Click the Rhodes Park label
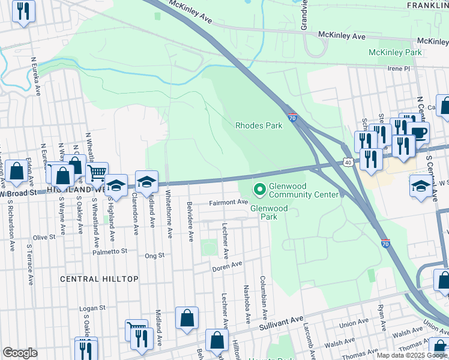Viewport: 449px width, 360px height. [x=259, y=126]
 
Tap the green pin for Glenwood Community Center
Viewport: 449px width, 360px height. [x=260, y=190]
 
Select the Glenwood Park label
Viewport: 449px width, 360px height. [x=269, y=212]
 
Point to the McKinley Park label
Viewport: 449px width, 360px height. [x=395, y=53]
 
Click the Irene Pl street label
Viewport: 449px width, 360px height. [x=397, y=69]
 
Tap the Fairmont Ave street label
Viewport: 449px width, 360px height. [x=228, y=203]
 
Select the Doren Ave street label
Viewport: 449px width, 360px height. [x=227, y=265]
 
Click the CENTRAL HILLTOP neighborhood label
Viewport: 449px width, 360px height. [x=100, y=279]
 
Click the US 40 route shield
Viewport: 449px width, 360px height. [x=348, y=162]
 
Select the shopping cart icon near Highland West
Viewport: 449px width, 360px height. [x=97, y=173]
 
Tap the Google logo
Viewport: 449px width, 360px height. [x=20, y=353]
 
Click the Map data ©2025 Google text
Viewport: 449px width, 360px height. [x=412, y=355]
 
